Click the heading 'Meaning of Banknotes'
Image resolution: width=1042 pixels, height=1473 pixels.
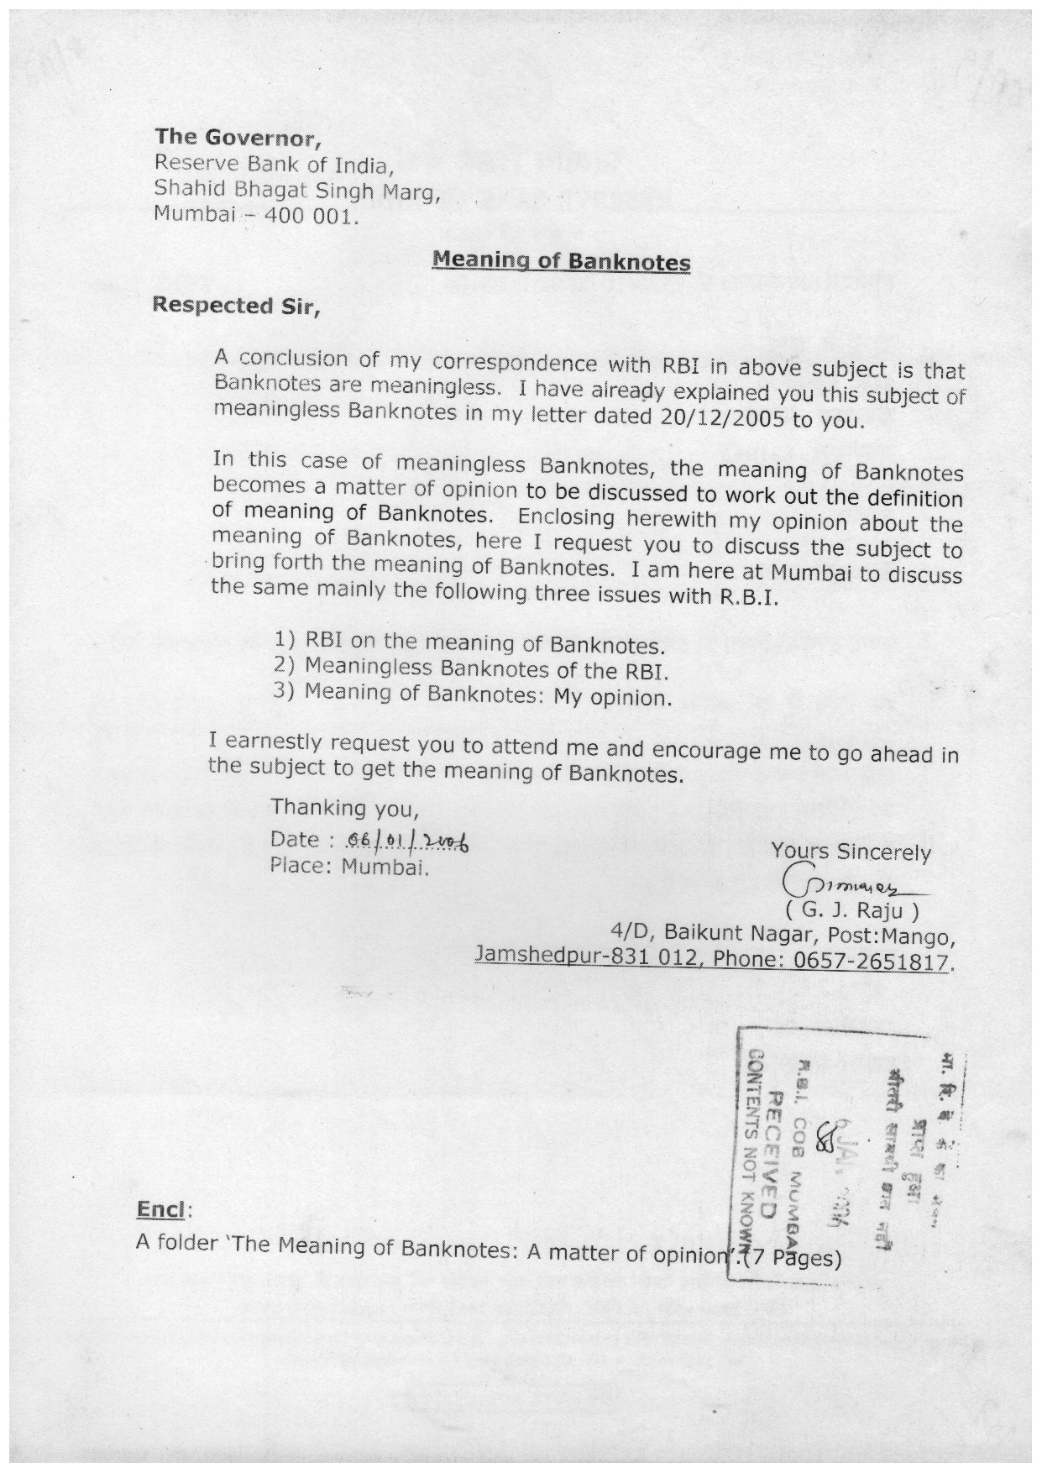561,261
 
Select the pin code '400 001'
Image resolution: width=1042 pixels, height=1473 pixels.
311,216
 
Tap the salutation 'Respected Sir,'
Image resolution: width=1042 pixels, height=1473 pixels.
236,306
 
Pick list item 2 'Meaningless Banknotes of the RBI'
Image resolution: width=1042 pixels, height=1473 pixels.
472,669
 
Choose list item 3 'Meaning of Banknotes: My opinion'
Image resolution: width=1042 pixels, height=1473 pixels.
474,696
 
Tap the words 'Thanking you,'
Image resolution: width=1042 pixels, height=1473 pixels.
344,809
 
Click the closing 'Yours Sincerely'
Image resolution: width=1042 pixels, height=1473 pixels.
851,852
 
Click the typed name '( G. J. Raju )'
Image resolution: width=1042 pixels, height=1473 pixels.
852,910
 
